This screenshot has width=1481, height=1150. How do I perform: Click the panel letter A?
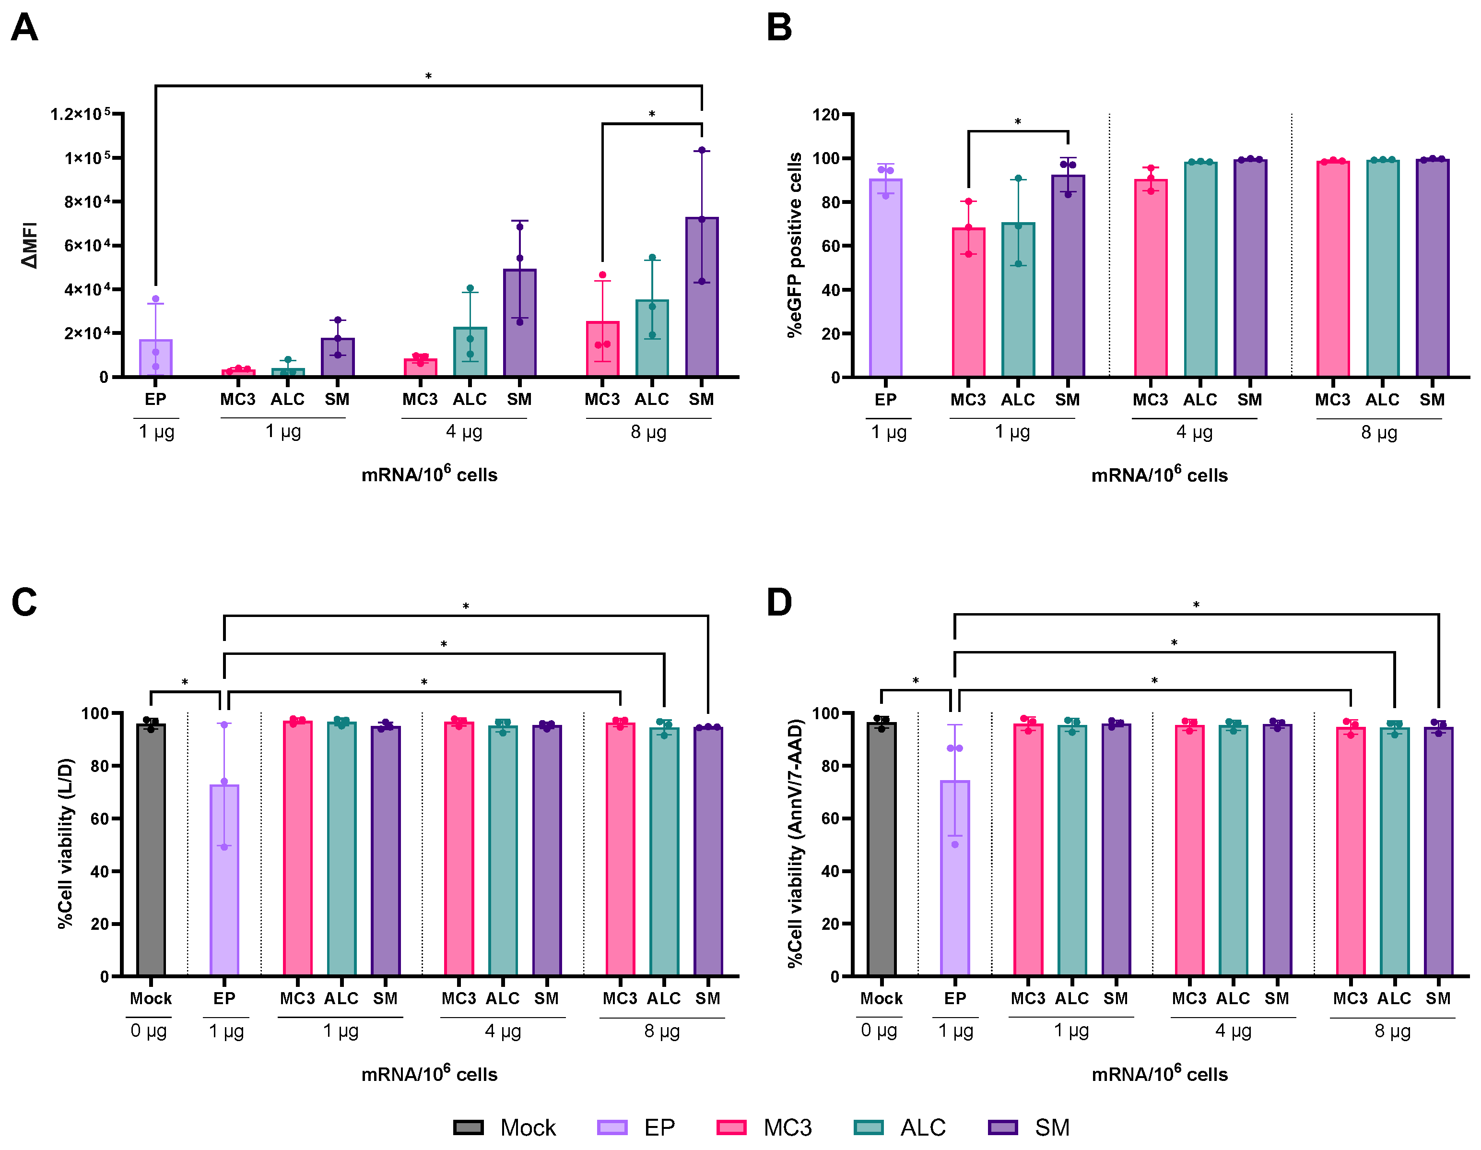click(x=24, y=28)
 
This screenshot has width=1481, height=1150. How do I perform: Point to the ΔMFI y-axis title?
click(x=30, y=245)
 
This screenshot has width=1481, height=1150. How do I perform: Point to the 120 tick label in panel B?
click(x=826, y=114)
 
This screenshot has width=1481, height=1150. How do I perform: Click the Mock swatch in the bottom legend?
click(x=469, y=1127)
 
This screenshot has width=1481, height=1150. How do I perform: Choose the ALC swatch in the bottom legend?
click(x=869, y=1127)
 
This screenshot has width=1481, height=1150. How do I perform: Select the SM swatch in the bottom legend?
click(x=1003, y=1127)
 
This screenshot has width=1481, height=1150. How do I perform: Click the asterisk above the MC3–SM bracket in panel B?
click(x=1018, y=122)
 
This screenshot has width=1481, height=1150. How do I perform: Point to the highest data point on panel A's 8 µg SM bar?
click(x=702, y=150)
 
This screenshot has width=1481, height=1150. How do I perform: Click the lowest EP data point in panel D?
click(x=955, y=844)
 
